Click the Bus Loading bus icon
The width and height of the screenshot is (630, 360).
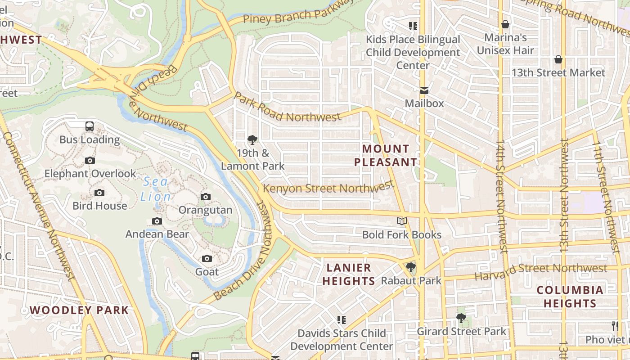(x=90, y=126)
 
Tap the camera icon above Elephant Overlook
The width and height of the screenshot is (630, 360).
(x=90, y=161)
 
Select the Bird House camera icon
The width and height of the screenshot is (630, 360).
(x=99, y=193)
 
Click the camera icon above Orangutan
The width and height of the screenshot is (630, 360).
(x=206, y=197)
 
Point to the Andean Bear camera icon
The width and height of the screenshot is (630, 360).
(x=157, y=221)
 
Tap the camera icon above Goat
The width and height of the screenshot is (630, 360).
(x=207, y=259)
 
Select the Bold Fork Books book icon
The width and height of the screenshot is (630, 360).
(x=402, y=221)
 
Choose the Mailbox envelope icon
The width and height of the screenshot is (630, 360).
(x=424, y=90)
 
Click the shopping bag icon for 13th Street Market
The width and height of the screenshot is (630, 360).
(x=558, y=60)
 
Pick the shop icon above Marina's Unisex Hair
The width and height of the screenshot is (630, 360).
(x=505, y=24)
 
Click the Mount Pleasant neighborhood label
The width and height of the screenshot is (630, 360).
(x=386, y=155)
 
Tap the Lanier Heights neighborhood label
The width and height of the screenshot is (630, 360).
(x=349, y=274)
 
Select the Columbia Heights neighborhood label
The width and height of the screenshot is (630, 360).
(x=570, y=297)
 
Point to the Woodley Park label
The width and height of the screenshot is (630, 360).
(x=79, y=310)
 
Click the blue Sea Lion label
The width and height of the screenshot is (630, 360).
(x=156, y=189)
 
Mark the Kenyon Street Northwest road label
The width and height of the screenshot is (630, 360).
(x=328, y=188)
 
